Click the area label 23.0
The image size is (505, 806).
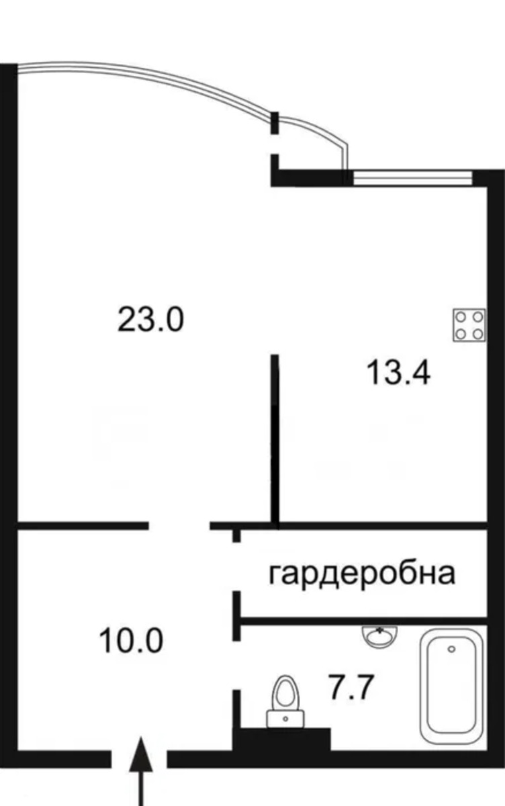[150, 319]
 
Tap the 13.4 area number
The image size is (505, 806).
[398, 373]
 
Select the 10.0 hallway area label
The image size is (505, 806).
[131, 641]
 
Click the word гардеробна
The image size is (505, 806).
[362, 574]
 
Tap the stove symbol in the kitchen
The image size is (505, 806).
[469, 325]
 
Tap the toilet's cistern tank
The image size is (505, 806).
[285, 718]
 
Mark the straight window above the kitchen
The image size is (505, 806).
[412, 178]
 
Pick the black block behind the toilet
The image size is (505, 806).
[281, 739]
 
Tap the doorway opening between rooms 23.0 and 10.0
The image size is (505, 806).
[179, 526]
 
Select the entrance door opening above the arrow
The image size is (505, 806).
[139, 758]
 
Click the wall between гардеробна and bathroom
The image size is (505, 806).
[364, 621]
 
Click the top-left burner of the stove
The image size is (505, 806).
[461, 317]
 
